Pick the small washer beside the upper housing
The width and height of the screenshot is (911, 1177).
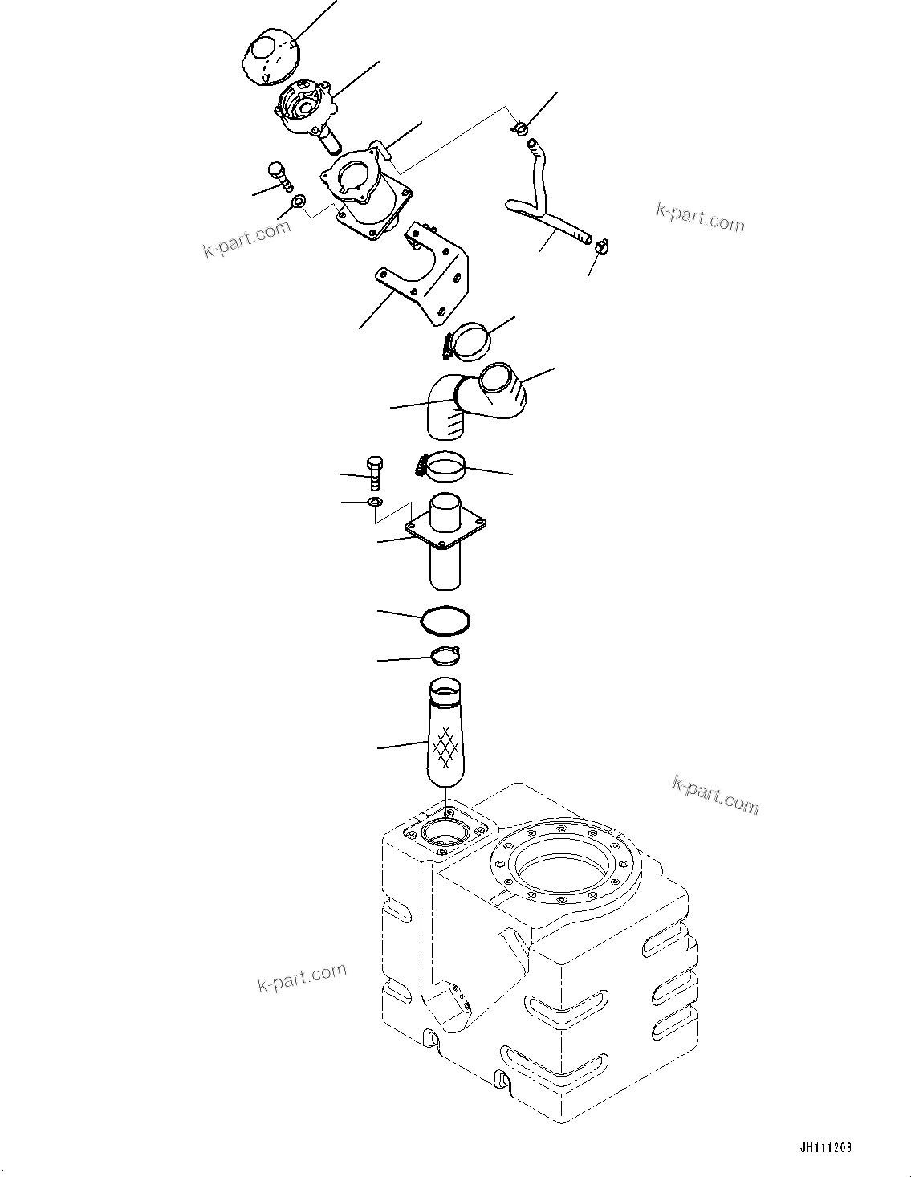[299, 201]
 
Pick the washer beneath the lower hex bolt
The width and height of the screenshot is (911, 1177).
[375, 503]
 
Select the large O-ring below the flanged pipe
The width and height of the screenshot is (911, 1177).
[445, 619]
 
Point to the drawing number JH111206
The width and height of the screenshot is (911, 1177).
[824, 1148]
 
